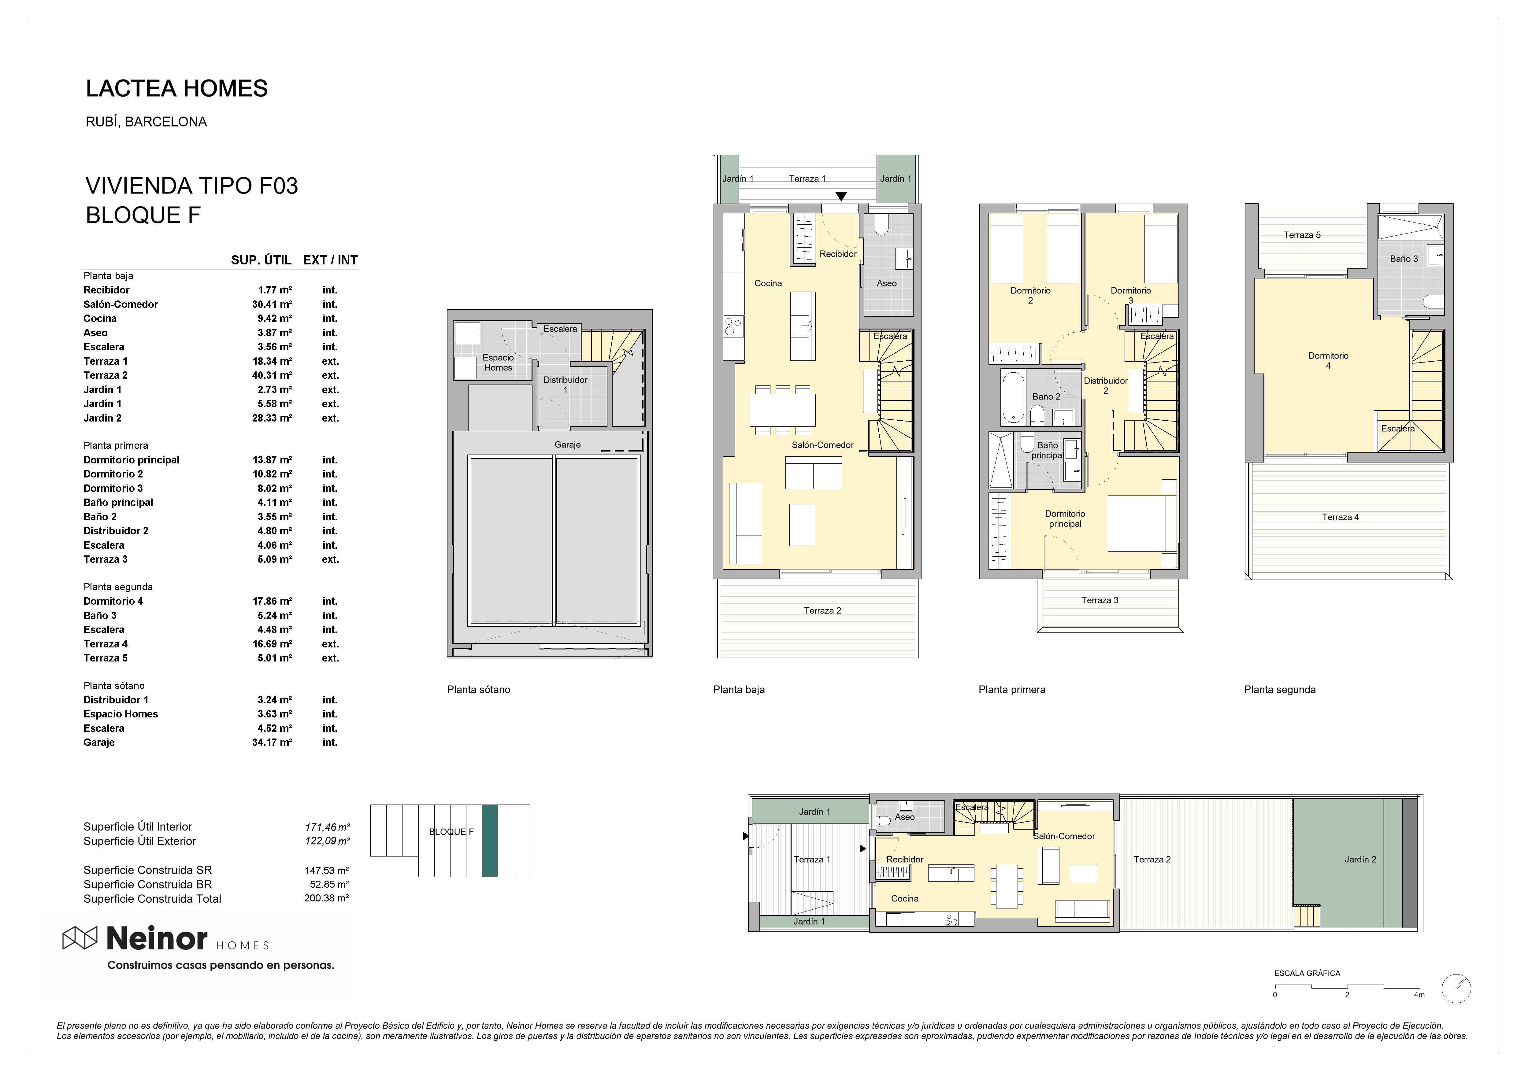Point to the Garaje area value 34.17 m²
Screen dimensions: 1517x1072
point(272,742)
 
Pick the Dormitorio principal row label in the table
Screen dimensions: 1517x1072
point(132,460)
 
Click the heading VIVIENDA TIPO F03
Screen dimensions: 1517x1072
point(191,186)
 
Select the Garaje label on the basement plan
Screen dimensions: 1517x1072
point(568,444)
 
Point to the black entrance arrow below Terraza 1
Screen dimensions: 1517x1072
point(840,196)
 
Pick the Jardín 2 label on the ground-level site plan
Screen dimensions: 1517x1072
point(1360,859)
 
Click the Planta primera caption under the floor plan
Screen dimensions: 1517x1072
point(1011,690)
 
